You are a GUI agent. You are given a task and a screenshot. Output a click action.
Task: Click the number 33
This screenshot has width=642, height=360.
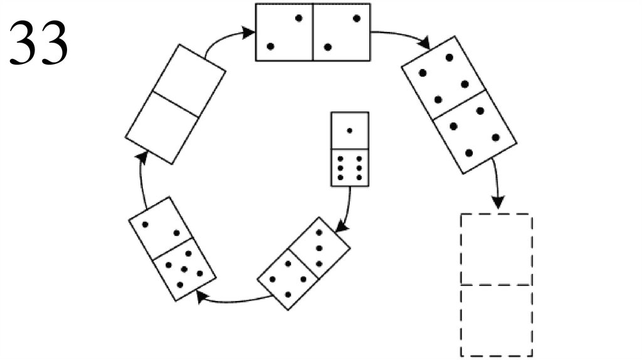pyautogui.click(x=38, y=43)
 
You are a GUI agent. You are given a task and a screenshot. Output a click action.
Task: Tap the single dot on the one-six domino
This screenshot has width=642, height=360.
pyautogui.click(x=350, y=130)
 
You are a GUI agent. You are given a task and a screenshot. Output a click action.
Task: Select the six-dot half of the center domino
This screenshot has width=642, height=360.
pyautogui.click(x=350, y=167)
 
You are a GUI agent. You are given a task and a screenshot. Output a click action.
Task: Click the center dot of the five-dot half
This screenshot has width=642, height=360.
pyautogui.click(x=184, y=270)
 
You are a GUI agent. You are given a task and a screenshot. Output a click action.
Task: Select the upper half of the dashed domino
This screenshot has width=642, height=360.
pyautogui.click(x=497, y=250)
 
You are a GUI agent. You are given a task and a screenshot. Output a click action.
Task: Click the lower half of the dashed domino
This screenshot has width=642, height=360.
pyautogui.click(x=497, y=320)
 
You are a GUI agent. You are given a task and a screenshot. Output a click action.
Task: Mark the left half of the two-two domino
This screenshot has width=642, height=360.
pyautogui.click(x=284, y=32)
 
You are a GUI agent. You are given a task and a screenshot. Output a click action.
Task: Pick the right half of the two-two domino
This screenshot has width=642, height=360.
pyautogui.click(x=342, y=32)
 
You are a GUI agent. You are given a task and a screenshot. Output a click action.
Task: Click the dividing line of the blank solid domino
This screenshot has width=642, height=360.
pyautogui.click(x=176, y=104)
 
